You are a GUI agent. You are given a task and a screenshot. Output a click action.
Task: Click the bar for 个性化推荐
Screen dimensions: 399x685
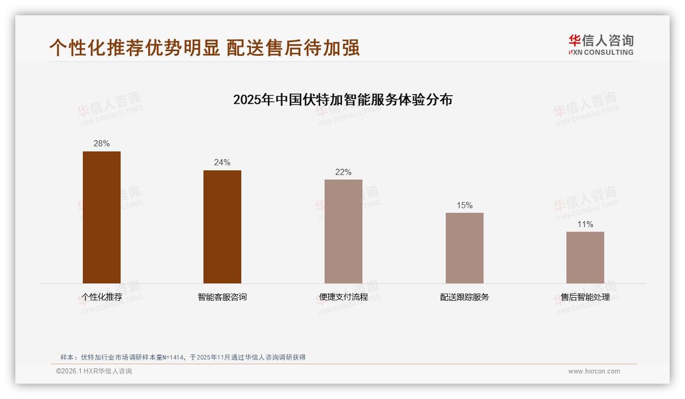(x=102, y=217)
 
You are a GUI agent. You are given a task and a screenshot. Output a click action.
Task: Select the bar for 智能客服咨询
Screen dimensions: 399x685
(x=222, y=227)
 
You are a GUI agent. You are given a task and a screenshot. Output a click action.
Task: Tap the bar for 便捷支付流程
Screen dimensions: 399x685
(x=344, y=231)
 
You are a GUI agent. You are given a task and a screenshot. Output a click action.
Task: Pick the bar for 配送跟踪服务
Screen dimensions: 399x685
(x=464, y=248)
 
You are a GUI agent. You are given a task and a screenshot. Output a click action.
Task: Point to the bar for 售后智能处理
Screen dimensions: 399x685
(x=585, y=257)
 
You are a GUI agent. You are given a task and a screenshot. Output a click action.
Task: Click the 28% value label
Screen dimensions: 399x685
(x=102, y=144)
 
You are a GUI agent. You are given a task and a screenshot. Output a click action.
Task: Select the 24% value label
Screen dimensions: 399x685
(x=222, y=163)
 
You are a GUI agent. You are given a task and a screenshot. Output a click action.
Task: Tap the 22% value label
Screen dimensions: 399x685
(x=344, y=172)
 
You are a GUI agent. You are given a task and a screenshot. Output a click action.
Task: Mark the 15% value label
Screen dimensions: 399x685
(x=464, y=206)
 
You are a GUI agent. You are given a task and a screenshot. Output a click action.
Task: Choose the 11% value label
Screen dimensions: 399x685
(x=585, y=225)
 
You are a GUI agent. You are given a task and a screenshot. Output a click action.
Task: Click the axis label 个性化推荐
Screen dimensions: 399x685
(x=102, y=297)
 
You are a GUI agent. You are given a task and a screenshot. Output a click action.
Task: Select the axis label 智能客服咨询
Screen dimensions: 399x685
(x=222, y=297)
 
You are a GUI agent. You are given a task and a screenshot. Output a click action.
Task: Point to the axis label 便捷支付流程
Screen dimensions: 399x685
(x=344, y=297)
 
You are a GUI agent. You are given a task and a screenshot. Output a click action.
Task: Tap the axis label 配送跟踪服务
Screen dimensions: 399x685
(x=464, y=297)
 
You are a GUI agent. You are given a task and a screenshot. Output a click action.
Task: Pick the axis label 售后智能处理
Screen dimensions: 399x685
(x=585, y=297)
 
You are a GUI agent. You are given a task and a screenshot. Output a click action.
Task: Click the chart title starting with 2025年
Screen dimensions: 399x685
(x=342, y=99)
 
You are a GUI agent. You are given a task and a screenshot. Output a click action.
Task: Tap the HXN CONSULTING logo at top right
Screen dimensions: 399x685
(x=601, y=45)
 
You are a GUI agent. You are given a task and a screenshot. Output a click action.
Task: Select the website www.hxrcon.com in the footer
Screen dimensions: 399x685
(x=594, y=371)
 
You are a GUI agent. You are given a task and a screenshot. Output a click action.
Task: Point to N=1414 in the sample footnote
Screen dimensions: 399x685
(x=172, y=358)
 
